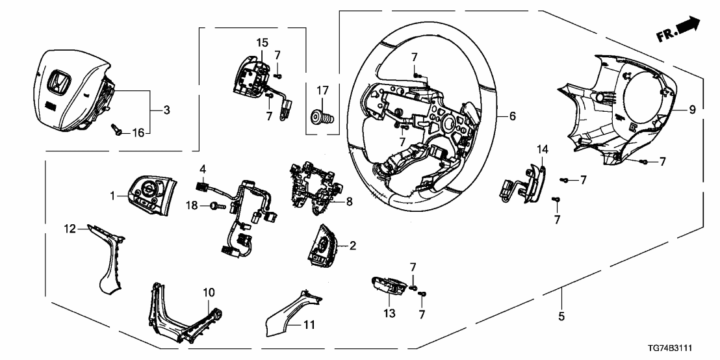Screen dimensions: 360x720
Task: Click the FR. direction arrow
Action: [688, 27]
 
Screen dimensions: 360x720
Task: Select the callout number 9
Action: [692, 110]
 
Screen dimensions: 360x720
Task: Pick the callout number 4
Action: [203, 169]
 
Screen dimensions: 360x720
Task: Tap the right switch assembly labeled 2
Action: [324, 247]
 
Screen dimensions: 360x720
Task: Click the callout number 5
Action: [561, 317]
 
